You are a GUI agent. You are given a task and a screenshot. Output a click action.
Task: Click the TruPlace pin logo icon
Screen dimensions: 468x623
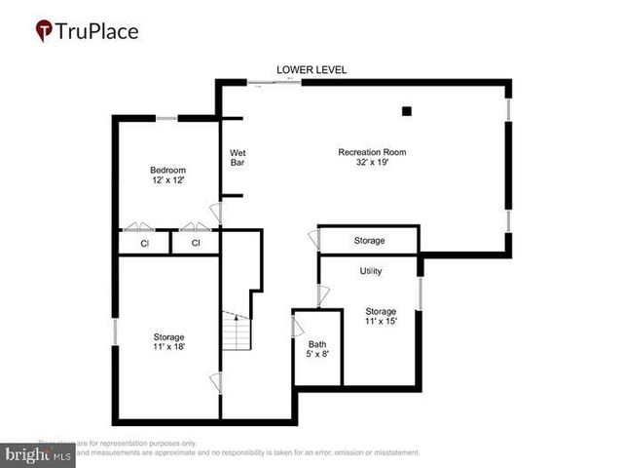[44, 31]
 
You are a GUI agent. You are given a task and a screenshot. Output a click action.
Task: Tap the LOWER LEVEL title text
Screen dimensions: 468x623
[311, 69]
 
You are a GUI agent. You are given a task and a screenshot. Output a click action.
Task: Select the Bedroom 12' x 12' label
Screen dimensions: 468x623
[167, 175]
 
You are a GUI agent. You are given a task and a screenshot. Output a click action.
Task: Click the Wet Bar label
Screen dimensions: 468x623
[238, 157]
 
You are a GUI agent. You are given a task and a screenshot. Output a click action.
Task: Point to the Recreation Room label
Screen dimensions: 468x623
[372, 157]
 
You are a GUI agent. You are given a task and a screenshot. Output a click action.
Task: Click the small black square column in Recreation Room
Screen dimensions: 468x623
[409, 110]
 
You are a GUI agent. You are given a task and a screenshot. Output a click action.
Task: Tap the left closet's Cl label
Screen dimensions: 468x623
[144, 243]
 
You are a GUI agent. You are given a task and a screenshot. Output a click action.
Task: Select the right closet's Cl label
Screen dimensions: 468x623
[196, 243]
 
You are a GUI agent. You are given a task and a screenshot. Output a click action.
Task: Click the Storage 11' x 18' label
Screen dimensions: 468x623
[169, 341]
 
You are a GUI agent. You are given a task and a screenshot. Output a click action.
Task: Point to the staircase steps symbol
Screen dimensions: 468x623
[234, 333]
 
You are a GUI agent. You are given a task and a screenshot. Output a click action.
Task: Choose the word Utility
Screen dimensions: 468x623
[371, 270]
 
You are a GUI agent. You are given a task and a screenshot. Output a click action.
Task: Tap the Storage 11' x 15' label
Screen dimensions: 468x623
[382, 316]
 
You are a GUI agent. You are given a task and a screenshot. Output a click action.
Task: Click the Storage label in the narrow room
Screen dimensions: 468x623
[369, 240]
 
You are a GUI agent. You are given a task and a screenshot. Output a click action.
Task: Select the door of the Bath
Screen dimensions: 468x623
[297, 326]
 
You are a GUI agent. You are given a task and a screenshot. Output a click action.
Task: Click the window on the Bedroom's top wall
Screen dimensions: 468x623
[166, 119]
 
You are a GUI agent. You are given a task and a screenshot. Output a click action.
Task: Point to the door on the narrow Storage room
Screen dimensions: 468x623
[314, 239]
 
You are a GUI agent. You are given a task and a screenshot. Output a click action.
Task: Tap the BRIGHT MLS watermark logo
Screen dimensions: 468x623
[37, 455]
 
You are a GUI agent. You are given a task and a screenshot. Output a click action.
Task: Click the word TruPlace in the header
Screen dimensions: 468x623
[97, 31]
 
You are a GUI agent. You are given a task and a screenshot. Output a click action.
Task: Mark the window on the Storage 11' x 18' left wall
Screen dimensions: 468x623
[115, 331]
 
